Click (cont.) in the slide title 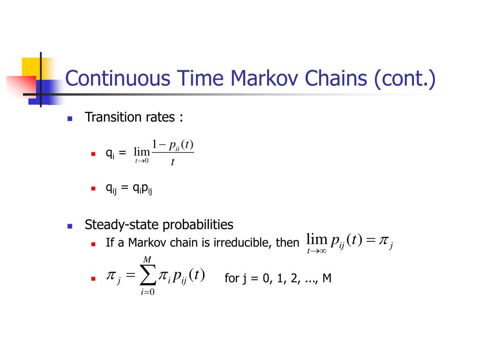405,78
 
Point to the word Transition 110,117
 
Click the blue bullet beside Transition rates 70,119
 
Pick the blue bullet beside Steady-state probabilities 70,226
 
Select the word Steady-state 121,225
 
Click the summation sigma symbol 148,277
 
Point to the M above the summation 147,260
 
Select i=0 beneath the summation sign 148,293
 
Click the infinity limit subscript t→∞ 316,251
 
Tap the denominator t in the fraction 172,162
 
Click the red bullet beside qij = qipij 93,189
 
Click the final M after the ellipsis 327,278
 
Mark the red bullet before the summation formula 93,279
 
